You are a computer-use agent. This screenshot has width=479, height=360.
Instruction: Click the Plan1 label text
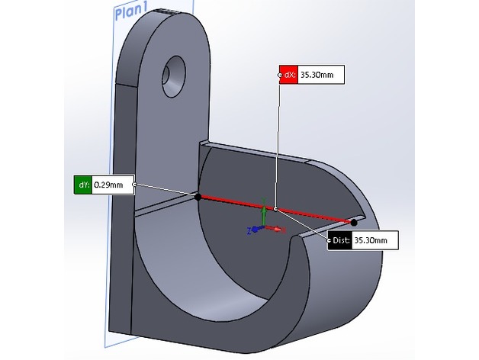132,12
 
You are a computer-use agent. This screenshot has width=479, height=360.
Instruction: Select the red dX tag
288,75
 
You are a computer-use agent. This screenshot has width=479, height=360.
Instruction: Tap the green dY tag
82,184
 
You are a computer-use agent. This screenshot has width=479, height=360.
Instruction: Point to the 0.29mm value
111,184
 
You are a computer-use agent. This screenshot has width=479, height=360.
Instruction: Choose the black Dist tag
340,241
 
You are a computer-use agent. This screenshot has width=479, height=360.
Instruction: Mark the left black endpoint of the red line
198,197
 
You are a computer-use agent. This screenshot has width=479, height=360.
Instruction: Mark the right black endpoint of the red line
354,223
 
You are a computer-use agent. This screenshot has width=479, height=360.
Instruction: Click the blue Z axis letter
249,230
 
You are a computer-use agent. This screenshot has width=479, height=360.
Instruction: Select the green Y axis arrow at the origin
263,215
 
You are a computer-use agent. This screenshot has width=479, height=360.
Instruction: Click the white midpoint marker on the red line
276,209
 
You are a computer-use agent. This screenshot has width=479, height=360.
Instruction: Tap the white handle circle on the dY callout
135,184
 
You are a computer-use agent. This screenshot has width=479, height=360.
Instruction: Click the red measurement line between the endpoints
236,203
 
